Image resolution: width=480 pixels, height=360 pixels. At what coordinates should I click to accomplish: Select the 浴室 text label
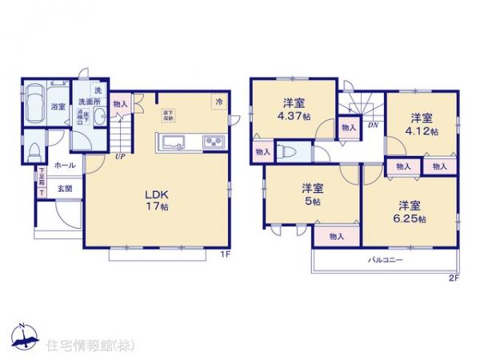tap(58, 106)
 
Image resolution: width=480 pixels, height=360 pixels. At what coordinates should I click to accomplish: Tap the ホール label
tap(65, 166)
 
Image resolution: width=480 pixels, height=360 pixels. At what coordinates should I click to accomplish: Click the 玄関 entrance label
tap(65, 189)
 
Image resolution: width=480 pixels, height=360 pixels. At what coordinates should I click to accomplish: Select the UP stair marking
tap(119, 157)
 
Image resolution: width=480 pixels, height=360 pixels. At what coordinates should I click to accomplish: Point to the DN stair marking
tap(373, 126)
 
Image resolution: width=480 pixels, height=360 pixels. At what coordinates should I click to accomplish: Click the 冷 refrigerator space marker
tap(218, 101)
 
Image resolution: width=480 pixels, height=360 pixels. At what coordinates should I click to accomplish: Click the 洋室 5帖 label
tap(313, 195)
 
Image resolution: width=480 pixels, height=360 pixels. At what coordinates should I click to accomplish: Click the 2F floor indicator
tap(453, 278)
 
